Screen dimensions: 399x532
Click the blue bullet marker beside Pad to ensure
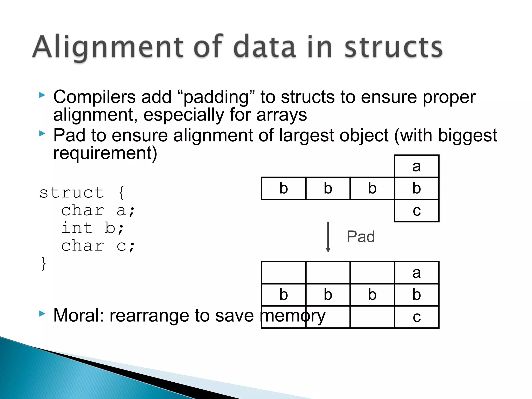pos(42,134)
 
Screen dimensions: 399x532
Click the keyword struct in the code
pos(72,192)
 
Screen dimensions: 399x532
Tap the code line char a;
pos(98,210)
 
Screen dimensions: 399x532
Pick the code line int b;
pos(92,228)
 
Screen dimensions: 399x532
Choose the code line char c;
pos(98,246)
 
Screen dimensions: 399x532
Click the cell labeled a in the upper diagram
pos(416,166)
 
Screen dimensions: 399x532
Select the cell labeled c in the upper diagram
pos(416,211)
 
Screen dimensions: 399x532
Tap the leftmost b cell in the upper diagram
pos(283,188)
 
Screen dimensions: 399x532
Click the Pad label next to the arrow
pos(361,237)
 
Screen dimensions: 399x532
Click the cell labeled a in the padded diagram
pos(416,273)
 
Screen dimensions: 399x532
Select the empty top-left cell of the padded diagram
pos(283,273)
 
